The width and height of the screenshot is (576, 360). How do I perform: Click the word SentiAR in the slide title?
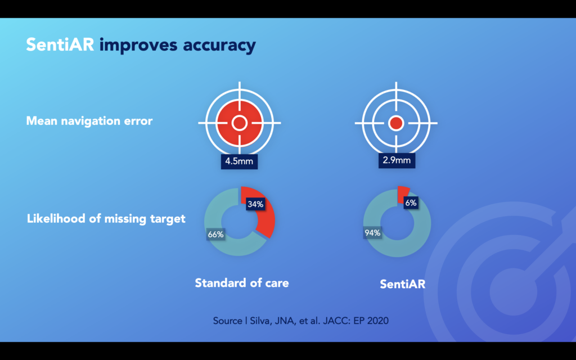(x=60, y=44)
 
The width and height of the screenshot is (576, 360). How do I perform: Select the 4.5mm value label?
(x=239, y=161)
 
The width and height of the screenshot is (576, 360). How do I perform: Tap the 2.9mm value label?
(x=397, y=160)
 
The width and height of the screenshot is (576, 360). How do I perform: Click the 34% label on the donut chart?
(x=255, y=204)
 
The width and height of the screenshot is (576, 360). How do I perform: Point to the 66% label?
(x=215, y=234)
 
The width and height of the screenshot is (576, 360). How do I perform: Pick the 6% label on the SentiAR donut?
(x=411, y=202)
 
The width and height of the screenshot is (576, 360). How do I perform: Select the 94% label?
(x=372, y=232)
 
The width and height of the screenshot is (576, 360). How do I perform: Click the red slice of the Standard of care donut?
(x=266, y=220)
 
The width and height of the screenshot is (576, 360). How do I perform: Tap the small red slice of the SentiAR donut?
(x=403, y=193)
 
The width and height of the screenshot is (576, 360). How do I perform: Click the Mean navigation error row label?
(x=89, y=121)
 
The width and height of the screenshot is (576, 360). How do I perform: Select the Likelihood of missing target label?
(x=106, y=219)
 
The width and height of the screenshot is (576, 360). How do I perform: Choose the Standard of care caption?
(x=242, y=283)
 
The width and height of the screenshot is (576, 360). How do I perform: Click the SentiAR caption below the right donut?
(x=403, y=284)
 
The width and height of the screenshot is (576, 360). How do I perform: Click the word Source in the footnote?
(x=228, y=321)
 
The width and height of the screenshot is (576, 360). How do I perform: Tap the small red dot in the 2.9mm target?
(x=396, y=123)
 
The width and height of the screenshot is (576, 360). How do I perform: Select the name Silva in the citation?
(x=259, y=321)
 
